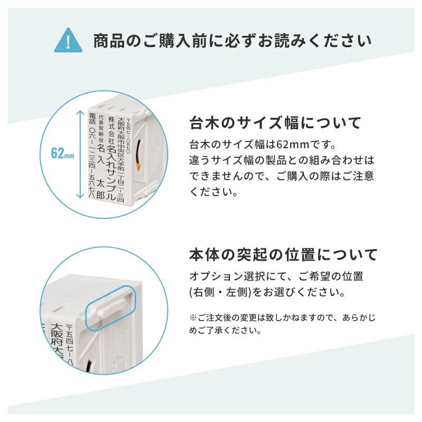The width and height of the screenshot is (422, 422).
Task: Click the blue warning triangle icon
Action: point(69,41)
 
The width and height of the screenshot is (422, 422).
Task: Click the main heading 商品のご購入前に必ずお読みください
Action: point(233,41)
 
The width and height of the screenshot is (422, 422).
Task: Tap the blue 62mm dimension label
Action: point(62,153)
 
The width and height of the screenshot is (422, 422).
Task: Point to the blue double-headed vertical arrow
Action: point(80,154)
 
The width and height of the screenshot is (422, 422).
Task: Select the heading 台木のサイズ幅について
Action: point(275,123)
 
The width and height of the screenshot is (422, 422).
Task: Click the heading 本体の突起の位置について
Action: point(283,254)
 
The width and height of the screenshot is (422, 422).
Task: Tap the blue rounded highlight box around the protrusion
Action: point(110,308)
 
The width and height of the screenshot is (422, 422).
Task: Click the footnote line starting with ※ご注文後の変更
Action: point(282,318)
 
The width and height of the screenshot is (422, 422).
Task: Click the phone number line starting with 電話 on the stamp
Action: point(92,156)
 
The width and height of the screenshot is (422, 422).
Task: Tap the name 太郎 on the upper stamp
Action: point(100,189)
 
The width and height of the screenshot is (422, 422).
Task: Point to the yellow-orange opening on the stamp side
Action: point(138,155)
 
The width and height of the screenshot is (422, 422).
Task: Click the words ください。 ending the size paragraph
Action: point(214,191)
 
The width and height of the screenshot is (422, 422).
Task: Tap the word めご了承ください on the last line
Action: point(225,330)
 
